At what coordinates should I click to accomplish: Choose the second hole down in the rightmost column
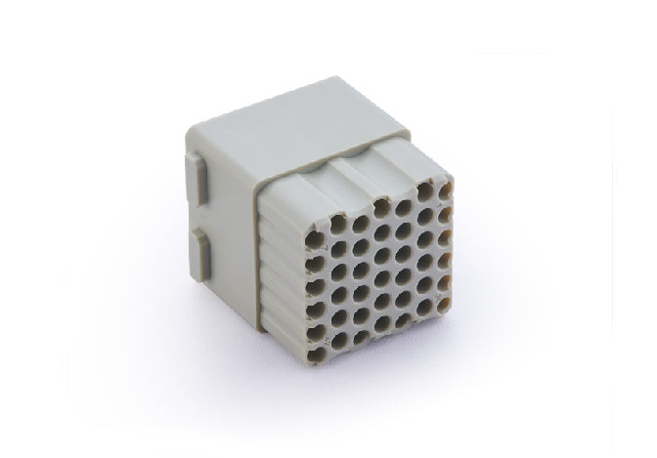click(x=445, y=210)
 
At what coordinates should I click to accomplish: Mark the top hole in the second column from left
click(x=339, y=227)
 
